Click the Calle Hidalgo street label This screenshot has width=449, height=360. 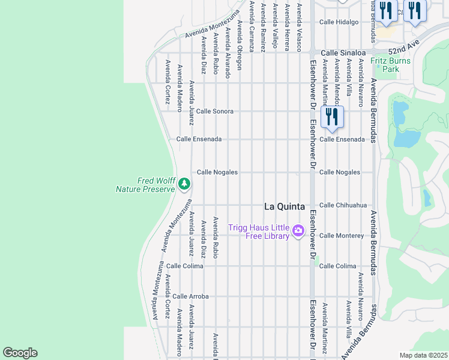tap(339, 22)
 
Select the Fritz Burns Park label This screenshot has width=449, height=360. tap(390, 65)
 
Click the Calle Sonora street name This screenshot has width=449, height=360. tap(214, 111)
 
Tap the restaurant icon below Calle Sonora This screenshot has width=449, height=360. tap(332, 117)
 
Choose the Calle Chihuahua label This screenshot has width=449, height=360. tap(343, 205)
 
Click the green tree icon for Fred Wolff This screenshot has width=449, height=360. tap(184, 184)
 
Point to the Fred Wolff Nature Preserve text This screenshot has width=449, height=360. tap(145, 185)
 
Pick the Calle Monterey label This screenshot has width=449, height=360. tap(341, 236)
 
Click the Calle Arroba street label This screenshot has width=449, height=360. tap(190, 296)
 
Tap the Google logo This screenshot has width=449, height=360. tap(20, 353)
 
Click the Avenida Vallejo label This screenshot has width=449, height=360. tap(276, 25)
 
